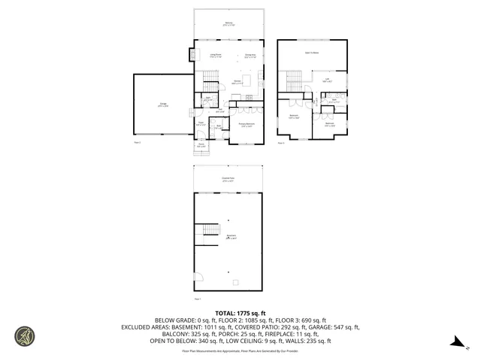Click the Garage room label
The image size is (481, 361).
(x=163, y=105)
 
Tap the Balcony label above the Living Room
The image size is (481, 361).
(x=228, y=24)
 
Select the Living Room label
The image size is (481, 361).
(x=215, y=54)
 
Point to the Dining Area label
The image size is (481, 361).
(x=250, y=54)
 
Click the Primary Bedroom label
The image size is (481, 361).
(x=246, y=125)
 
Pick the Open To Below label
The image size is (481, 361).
(x=312, y=53)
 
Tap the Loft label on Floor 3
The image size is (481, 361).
(x=328, y=80)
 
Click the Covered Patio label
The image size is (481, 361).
(x=228, y=179)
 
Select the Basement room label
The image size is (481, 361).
(x=231, y=237)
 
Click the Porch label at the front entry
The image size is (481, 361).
(x=201, y=145)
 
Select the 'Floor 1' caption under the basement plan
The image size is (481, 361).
(x=198, y=298)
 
